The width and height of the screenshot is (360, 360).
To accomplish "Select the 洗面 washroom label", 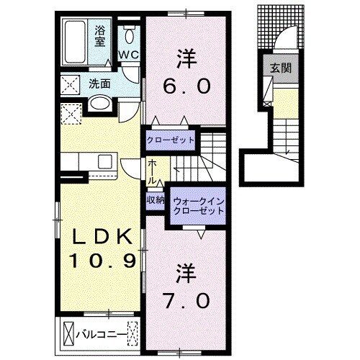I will click(x=99, y=84).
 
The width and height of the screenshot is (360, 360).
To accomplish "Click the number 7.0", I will click(x=184, y=297).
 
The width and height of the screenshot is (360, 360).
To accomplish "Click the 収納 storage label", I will click(x=156, y=200).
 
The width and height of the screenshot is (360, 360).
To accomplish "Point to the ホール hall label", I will click(x=153, y=173).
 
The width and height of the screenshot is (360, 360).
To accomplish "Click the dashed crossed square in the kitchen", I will click(x=71, y=112).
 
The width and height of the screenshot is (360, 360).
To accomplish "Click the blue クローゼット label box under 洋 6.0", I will click(x=171, y=140).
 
